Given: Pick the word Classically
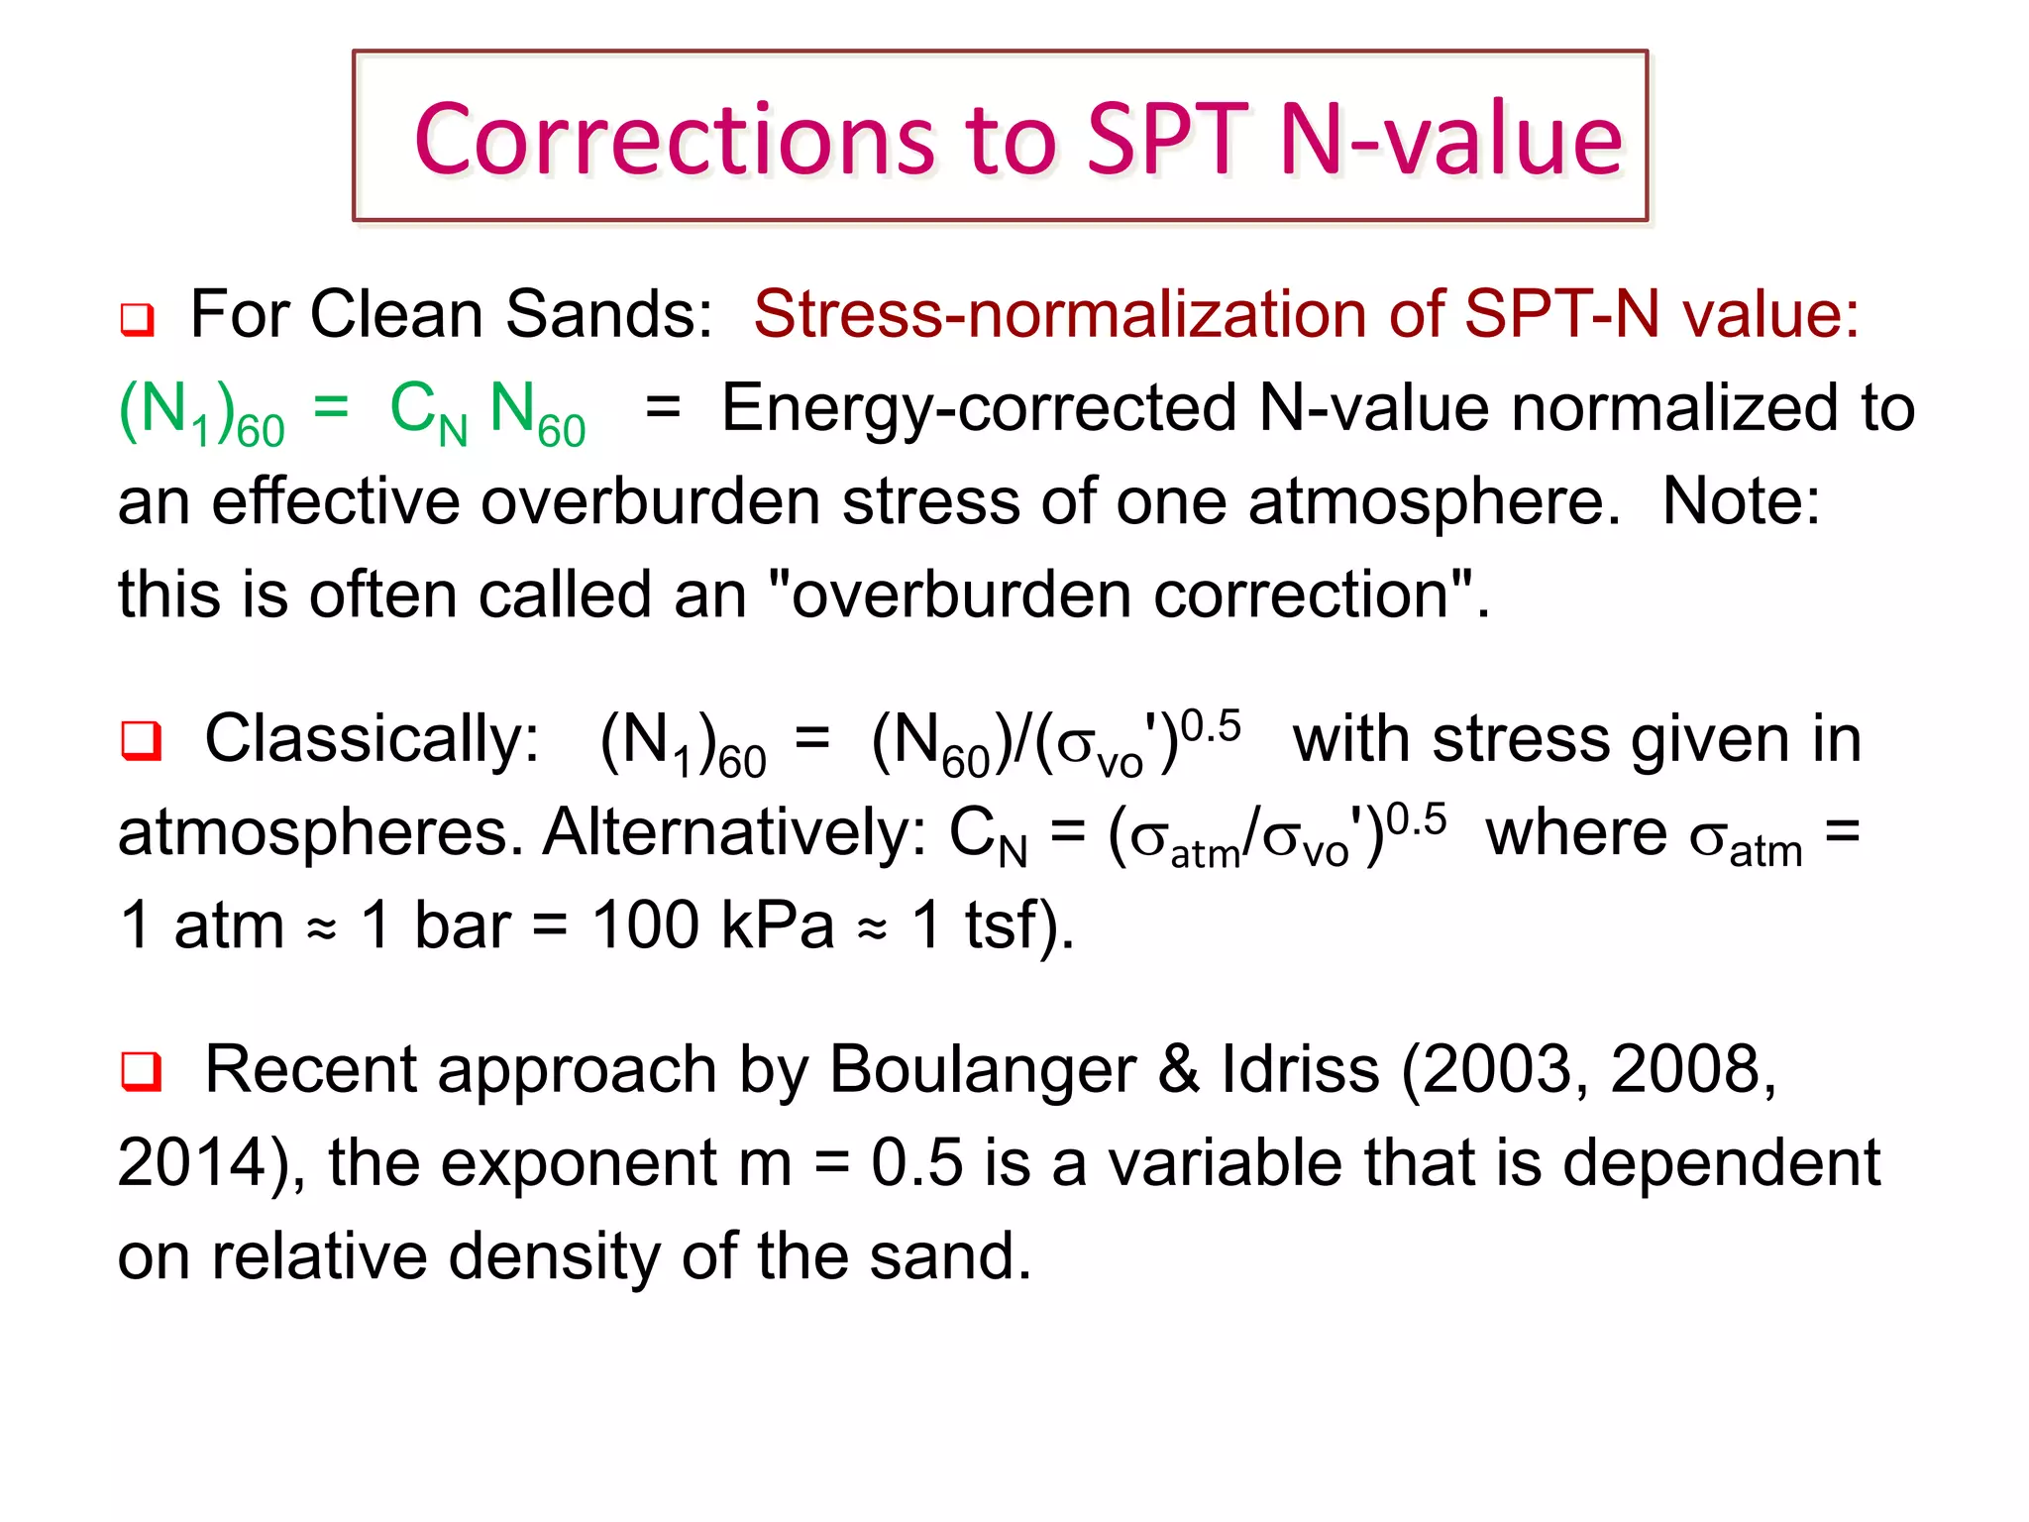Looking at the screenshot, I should pos(372,739).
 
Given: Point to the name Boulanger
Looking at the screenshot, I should pos(982,1070).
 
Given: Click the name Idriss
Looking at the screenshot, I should pos(1300,1070).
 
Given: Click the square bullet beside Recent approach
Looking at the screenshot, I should pos(141,1071).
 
